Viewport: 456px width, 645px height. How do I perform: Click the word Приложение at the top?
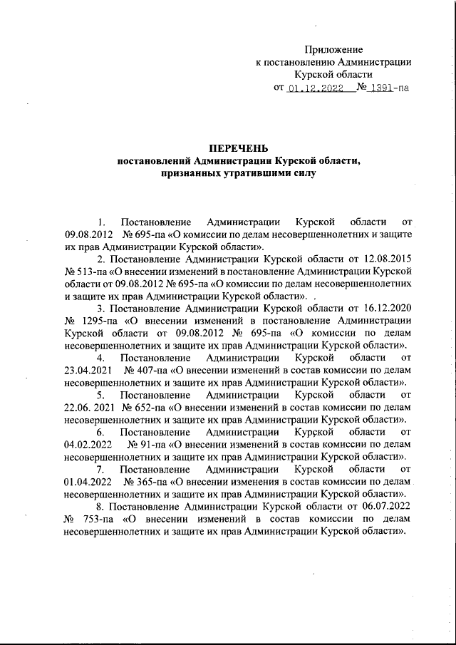click(x=333, y=49)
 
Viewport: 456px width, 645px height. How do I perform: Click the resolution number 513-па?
click(x=93, y=271)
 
